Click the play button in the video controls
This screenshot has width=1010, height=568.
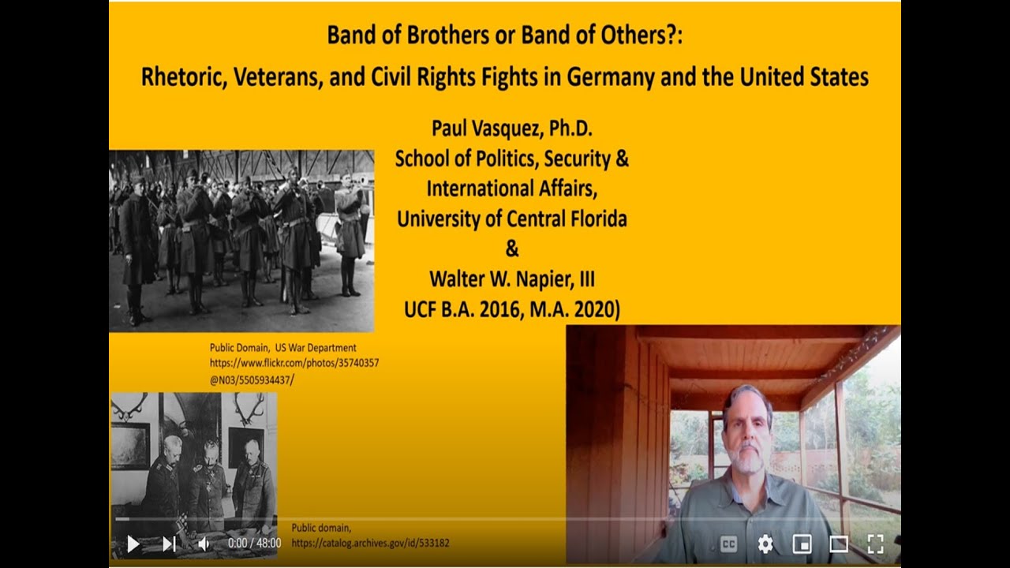133,544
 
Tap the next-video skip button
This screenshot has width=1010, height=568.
169,544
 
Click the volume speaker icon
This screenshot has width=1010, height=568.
204,544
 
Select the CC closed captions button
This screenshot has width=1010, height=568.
729,544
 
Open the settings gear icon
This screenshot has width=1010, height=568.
765,544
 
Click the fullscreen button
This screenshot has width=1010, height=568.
874,544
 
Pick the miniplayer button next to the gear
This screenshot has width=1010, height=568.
802,544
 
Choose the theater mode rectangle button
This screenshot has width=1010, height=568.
838,544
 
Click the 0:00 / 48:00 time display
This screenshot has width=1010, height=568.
254,544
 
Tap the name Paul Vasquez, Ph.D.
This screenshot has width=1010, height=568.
511,128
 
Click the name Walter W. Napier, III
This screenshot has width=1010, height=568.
511,278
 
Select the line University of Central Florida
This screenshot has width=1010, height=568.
511,219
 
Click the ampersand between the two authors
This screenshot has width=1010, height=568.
512,249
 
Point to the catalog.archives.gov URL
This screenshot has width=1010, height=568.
370,544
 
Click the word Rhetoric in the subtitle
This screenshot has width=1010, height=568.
181,77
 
